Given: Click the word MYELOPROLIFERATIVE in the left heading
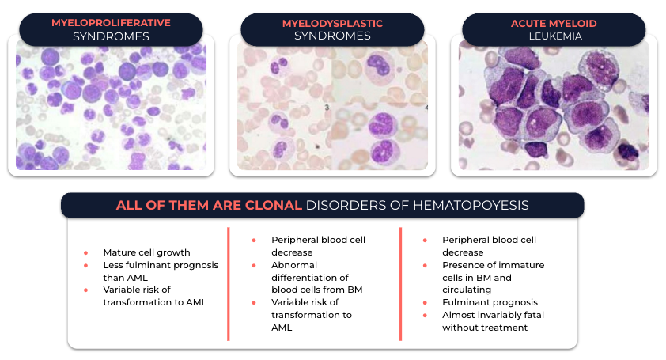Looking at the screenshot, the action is tap(111, 23).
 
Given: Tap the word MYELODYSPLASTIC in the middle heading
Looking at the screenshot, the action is tap(332, 24).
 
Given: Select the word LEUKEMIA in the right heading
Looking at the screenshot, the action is tap(555, 36).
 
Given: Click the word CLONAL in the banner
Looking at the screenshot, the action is tap(273, 205).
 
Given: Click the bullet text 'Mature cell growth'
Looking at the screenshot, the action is tap(146, 252).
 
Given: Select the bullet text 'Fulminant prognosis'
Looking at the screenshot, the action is tap(490, 302).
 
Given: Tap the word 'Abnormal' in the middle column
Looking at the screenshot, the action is tap(294, 265).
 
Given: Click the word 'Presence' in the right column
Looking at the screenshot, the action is tap(461, 265).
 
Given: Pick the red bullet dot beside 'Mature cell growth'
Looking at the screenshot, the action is tap(85, 253).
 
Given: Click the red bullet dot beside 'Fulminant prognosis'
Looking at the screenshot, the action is tap(425, 302).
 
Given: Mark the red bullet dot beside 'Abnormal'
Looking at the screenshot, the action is tap(254, 266).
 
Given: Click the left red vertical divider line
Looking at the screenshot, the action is tap(229, 284).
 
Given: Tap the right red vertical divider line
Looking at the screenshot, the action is tap(400, 284).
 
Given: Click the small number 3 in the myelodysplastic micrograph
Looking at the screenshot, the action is tap(327, 108).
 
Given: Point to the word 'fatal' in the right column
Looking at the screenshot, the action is tap(534, 315).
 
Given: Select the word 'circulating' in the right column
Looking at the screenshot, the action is tap(467, 290).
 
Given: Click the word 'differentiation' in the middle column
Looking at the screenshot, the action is tap(309, 278).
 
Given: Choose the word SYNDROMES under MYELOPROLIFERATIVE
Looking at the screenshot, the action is tap(111, 36).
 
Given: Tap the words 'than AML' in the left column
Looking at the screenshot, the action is tap(125, 278).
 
